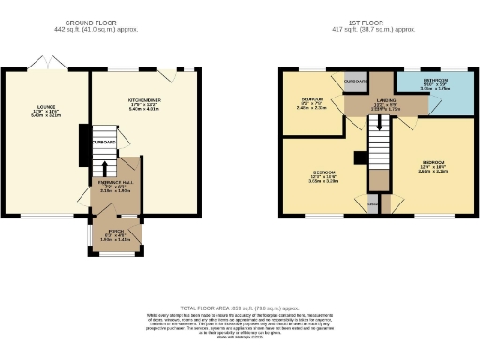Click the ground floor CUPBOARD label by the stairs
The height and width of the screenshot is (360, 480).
tap(103, 142)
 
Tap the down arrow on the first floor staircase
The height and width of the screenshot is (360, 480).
tap(379, 121)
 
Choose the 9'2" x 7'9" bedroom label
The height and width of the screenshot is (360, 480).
tap(312, 102)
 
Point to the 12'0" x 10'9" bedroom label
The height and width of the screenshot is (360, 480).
tap(324, 176)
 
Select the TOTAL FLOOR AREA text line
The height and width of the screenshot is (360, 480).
tap(239, 307)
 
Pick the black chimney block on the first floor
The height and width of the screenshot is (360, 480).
tap(357, 157)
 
